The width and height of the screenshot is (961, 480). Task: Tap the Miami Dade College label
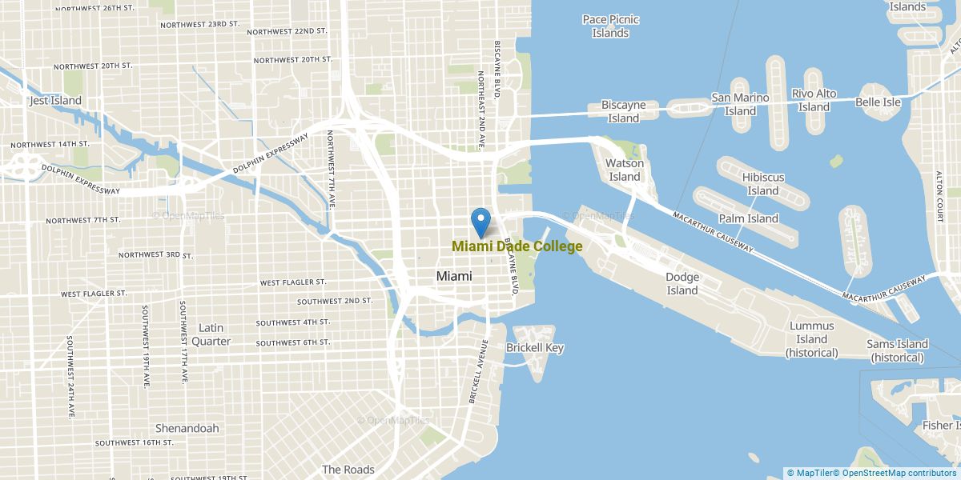(517, 246)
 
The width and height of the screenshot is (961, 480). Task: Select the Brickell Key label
(535, 348)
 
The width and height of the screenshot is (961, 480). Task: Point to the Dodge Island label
(682, 284)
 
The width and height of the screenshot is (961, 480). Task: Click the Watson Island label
(624, 170)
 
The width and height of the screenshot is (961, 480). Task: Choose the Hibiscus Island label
(762, 184)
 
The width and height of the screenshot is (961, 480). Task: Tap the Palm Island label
(749, 218)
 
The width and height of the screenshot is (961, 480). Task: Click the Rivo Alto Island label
(814, 100)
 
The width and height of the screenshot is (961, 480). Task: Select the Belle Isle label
(878, 102)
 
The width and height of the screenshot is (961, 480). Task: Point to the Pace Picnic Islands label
(610, 26)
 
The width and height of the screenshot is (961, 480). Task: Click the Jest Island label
(55, 101)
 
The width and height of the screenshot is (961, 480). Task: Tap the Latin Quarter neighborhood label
(211, 334)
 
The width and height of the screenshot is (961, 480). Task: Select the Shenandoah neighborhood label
(187, 428)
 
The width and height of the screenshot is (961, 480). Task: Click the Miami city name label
(454, 276)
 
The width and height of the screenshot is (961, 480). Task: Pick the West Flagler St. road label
(293, 282)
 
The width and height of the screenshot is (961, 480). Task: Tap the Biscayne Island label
(623, 111)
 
